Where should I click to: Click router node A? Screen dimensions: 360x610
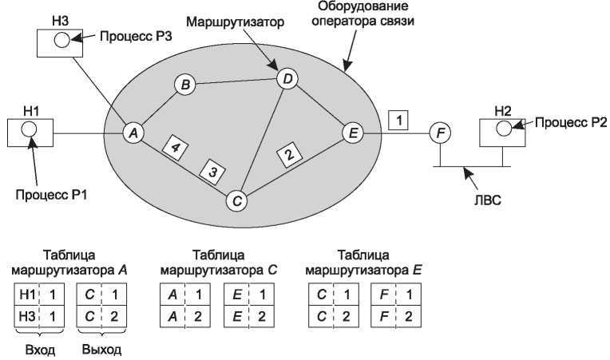point(133,133)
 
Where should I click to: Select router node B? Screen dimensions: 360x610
point(184,85)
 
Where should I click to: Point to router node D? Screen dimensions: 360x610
point(287,78)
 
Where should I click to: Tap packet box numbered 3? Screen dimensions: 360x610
point(212,171)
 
